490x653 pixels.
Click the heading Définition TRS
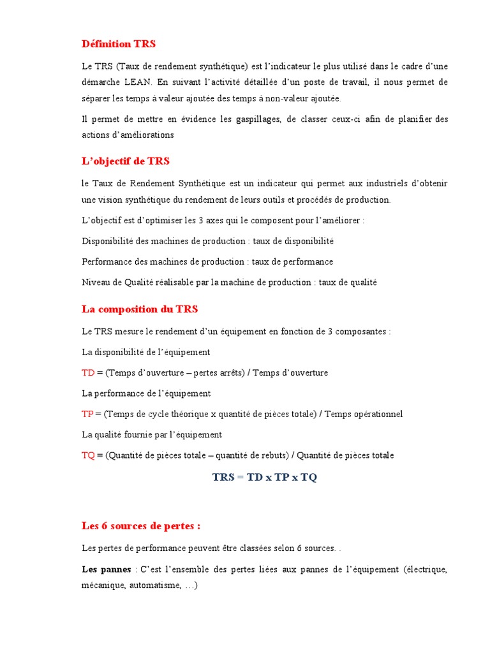[119, 44]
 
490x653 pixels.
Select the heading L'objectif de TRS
[126, 161]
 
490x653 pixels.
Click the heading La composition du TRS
[140, 309]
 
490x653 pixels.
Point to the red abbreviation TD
[88, 372]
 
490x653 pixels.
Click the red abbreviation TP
[87, 414]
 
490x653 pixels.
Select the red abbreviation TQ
[89, 455]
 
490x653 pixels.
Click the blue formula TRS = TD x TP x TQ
[264, 478]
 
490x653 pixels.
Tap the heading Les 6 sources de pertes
[141, 526]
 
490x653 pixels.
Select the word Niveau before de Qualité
[96, 282]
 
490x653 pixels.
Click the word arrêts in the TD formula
[230, 372]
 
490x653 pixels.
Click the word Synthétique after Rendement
[201, 184]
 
